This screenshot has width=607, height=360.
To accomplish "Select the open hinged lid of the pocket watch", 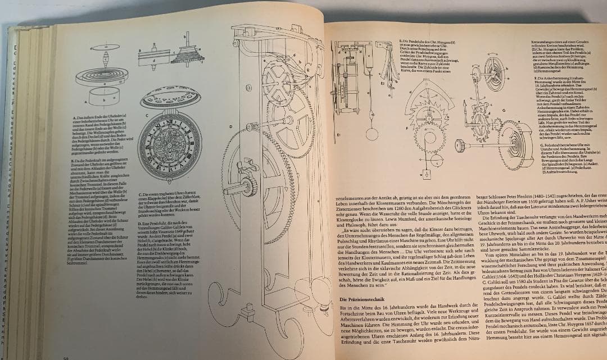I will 171,97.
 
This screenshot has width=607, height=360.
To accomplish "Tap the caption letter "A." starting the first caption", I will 73,116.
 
